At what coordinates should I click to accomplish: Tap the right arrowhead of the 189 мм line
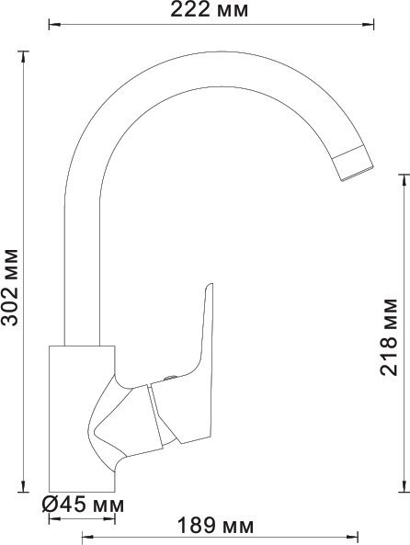click(356, 536)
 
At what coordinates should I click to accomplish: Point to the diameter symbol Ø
click(52, 505)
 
